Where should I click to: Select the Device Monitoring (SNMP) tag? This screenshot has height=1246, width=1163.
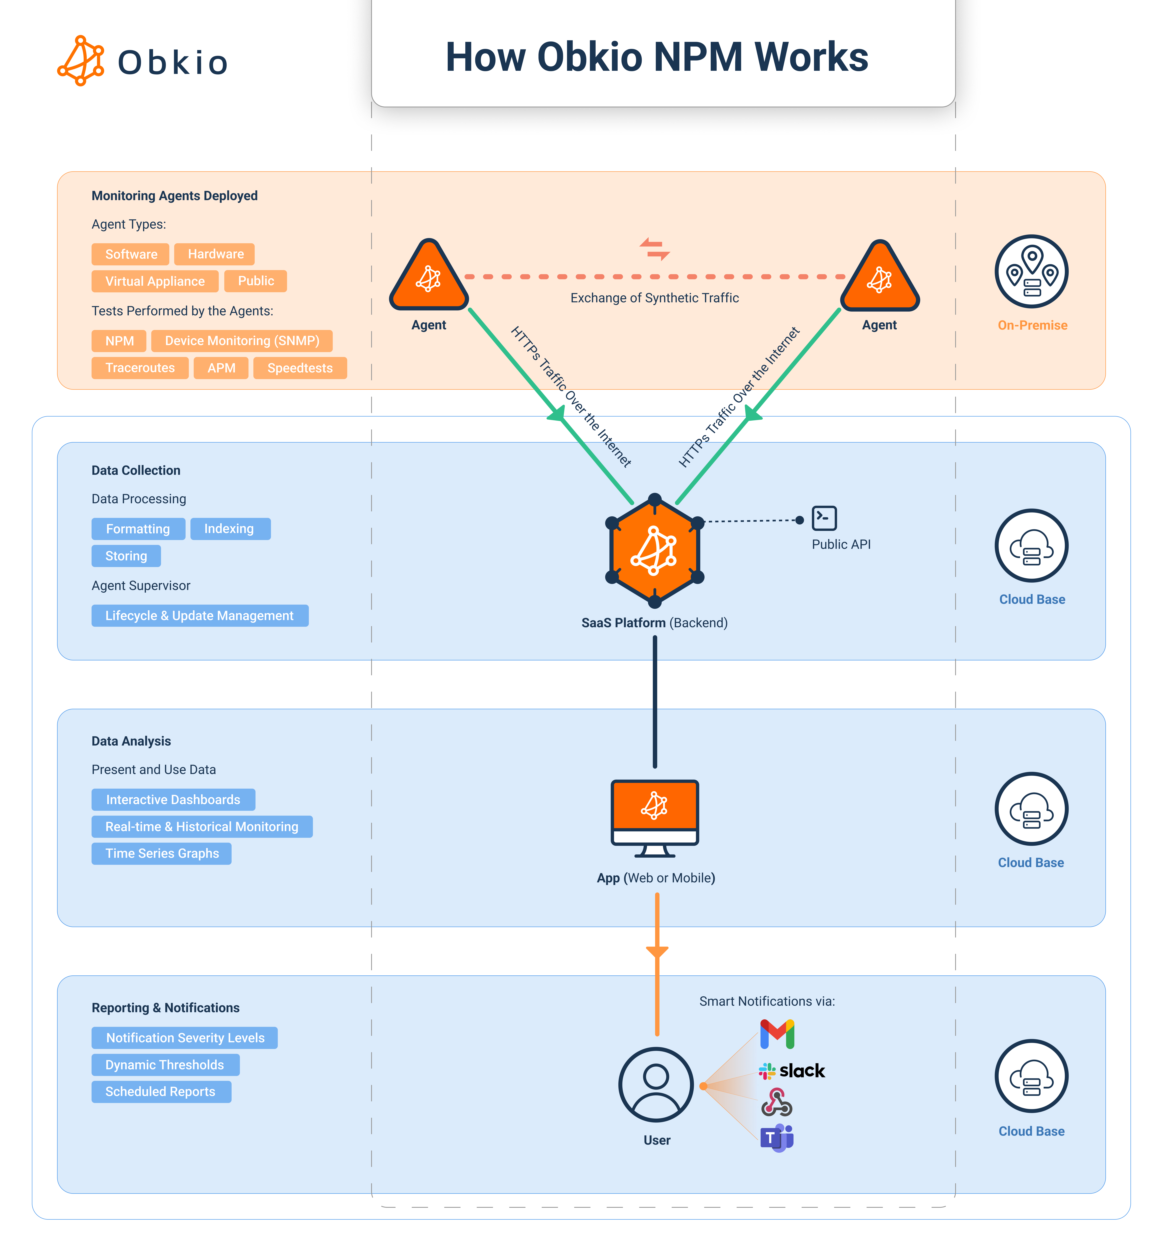(x=242, y=341)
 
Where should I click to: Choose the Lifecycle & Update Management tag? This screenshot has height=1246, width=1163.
(x=199, y=616)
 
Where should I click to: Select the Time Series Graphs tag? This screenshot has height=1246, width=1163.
(x=162, y=854)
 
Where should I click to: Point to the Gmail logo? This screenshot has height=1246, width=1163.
(x=777, y=1034)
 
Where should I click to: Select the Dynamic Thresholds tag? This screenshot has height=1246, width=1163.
(x=165, y=1065)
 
